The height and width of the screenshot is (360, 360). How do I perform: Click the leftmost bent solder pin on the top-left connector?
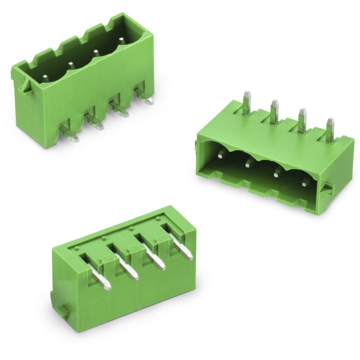[69, 133]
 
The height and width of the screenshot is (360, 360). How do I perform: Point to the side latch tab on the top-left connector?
[24, 85]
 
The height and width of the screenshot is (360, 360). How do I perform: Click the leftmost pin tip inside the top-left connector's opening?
[45, 78]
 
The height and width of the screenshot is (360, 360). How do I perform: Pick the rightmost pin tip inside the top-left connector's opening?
[121, 42]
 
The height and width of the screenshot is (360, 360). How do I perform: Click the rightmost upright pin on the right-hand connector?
[330, 129]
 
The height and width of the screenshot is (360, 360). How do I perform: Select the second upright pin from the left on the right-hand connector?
[274, 110]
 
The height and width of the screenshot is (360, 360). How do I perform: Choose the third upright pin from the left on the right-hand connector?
[302, 120]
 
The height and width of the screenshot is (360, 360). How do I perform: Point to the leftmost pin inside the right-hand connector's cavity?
[220, 155]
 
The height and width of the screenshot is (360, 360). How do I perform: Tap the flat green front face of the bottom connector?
[121, 306]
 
